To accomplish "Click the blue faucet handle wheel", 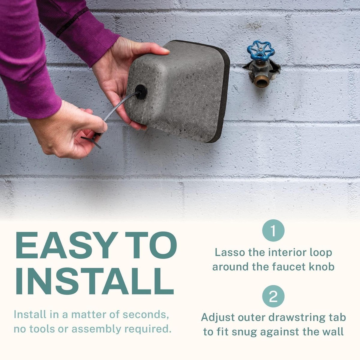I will coord(259,51).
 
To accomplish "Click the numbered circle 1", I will coord(273,231).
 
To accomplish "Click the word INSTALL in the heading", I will coord(94,282).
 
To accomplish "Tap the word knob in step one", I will coord(322,266).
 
